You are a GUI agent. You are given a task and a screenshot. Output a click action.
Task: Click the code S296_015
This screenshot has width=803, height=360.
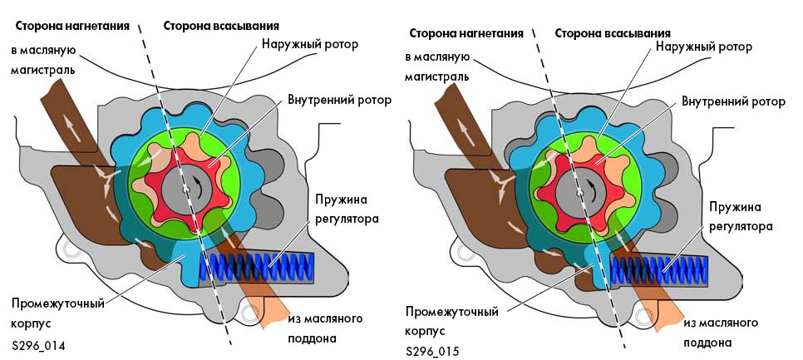[x=434, y=351]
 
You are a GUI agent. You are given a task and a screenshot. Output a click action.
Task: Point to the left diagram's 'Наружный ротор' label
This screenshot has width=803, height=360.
[x=309, y=43]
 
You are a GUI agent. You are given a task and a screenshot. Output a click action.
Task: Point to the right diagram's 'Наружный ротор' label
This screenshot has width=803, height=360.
[x=703, y=47]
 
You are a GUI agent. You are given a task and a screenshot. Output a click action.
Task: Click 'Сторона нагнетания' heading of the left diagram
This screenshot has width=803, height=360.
[x=72, y=26]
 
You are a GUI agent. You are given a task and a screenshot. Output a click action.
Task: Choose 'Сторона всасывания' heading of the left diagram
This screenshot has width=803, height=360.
[x=220, y=26]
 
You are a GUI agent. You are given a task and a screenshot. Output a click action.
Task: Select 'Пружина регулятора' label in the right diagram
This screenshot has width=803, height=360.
[x=741, y=215]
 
